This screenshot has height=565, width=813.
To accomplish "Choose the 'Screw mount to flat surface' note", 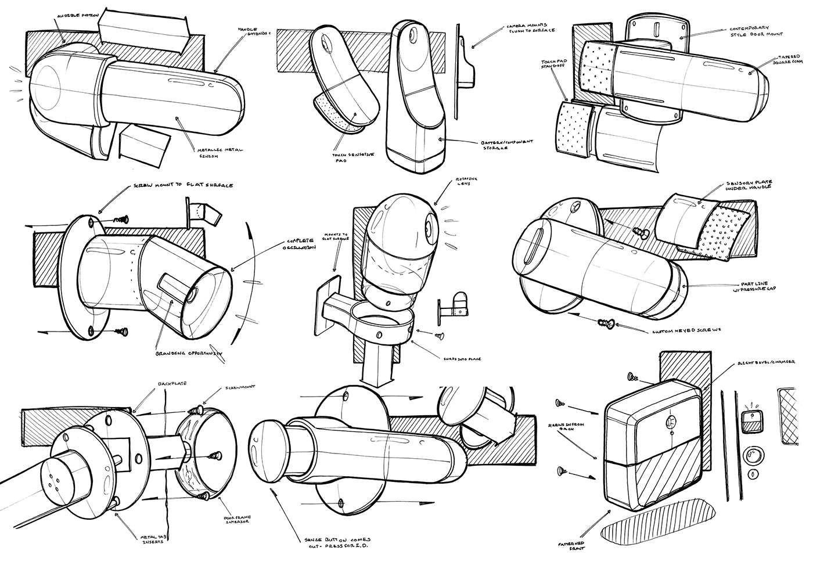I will [179, 186].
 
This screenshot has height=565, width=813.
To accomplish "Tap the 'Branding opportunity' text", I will [189, 352].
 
